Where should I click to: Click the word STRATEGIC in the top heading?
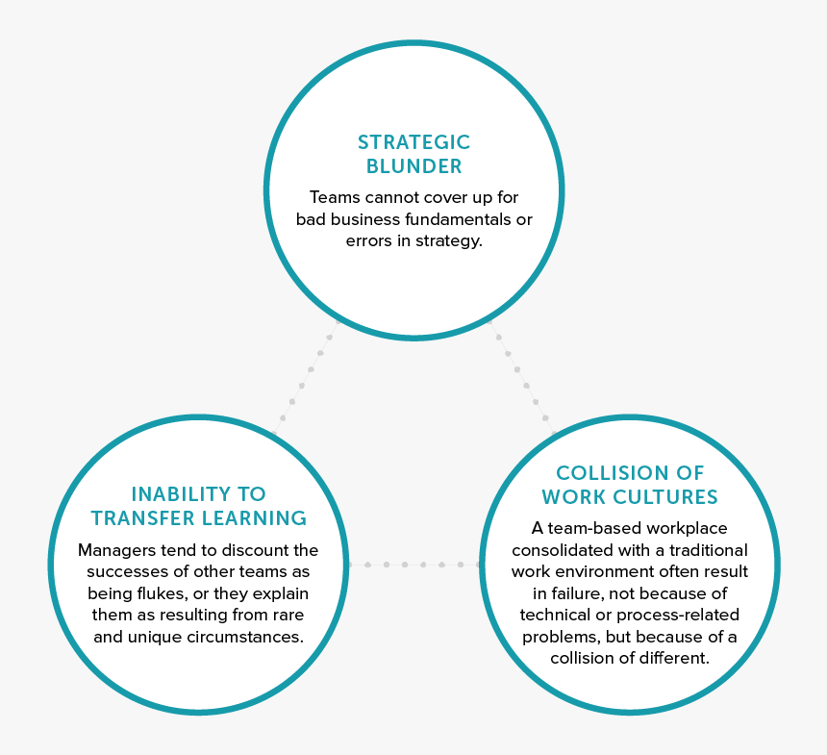tap(414, 142)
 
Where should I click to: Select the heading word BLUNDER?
tap(414, 166)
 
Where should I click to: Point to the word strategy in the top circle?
tap(449, 241)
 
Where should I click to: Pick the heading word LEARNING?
tap(254, 518)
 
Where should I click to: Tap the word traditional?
tap(709, 550)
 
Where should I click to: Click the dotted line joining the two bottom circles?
tap(414, 565)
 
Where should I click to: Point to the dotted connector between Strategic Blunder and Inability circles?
tap(306, 377)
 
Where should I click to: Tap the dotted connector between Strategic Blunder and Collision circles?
tap(522, 377)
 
